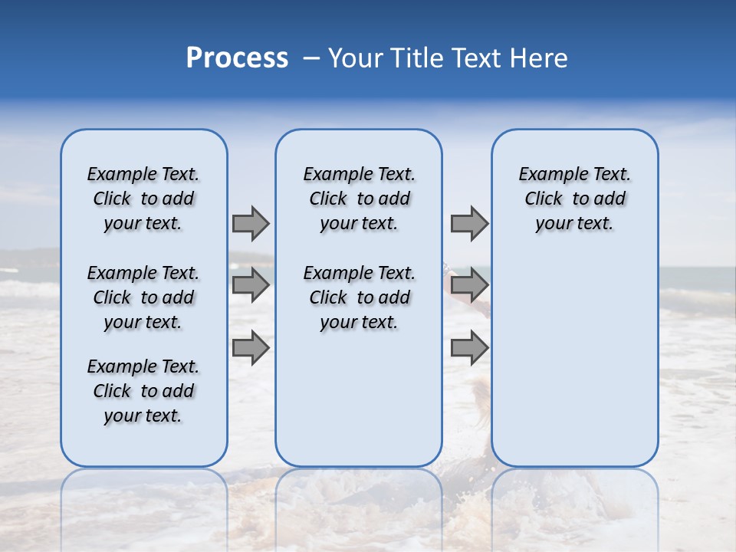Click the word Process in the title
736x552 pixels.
click(237, 58)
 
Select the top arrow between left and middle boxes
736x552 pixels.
click(251, 223)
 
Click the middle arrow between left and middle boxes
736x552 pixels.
click(251, 285)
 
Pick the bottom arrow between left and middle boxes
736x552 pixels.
click(251, 348)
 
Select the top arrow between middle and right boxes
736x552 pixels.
click(469, 223)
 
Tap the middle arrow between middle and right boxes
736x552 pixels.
click(469, 285)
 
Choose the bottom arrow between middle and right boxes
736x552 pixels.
click(469, 348)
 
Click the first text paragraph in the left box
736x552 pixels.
click(143, 199)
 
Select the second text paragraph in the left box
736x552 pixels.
click(143, 297)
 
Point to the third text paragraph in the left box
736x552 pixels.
click(143, 391)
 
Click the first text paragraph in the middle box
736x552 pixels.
click(360, 199)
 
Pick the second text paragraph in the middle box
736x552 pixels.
click(360, 297)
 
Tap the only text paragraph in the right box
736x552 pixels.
click(575, 199)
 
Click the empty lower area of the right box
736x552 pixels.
click(575, 360)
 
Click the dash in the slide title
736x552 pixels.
click(311, 58)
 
